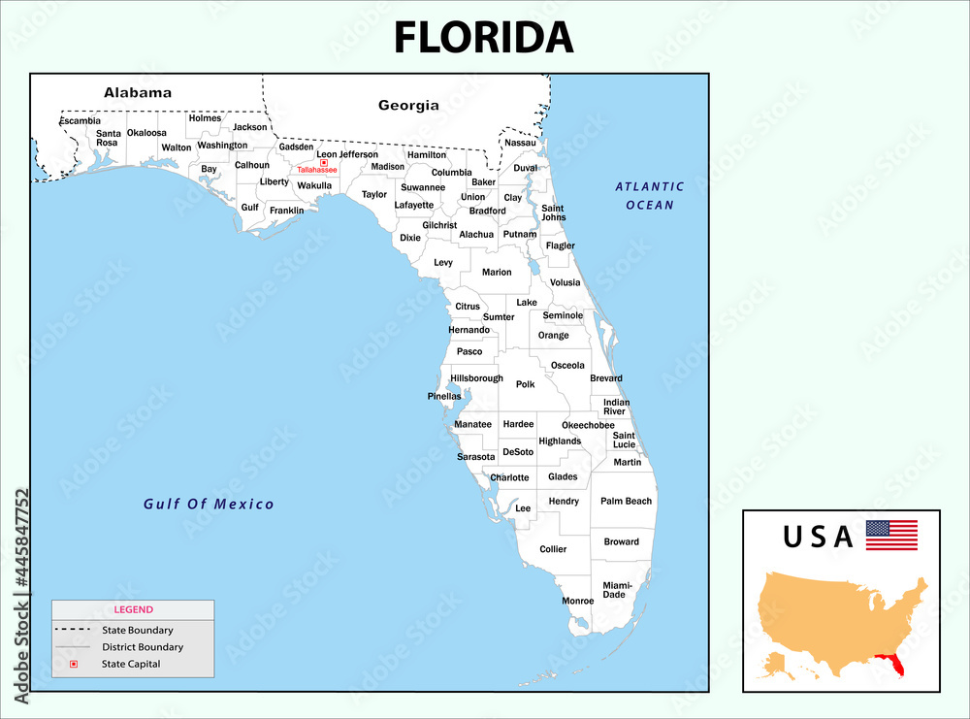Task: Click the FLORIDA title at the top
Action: [483, 37]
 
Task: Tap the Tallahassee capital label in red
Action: [317, 170]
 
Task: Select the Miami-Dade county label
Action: [617, 590]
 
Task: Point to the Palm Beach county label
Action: [626, 502]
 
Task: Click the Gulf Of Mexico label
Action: [209, 505]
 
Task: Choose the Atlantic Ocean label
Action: [649, 195]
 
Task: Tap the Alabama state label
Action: [138, 93]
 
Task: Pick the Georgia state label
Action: [408, 105]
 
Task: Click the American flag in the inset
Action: [891, 535]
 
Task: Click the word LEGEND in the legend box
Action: [133, 609]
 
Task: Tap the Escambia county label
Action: [80, 121]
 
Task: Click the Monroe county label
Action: [578, 601]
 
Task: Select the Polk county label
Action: [525, 384]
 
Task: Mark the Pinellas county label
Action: [444, 396]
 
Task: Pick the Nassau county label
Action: [520, 143]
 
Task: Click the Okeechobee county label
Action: [588, 425]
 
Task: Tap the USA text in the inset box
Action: [818, 536]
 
